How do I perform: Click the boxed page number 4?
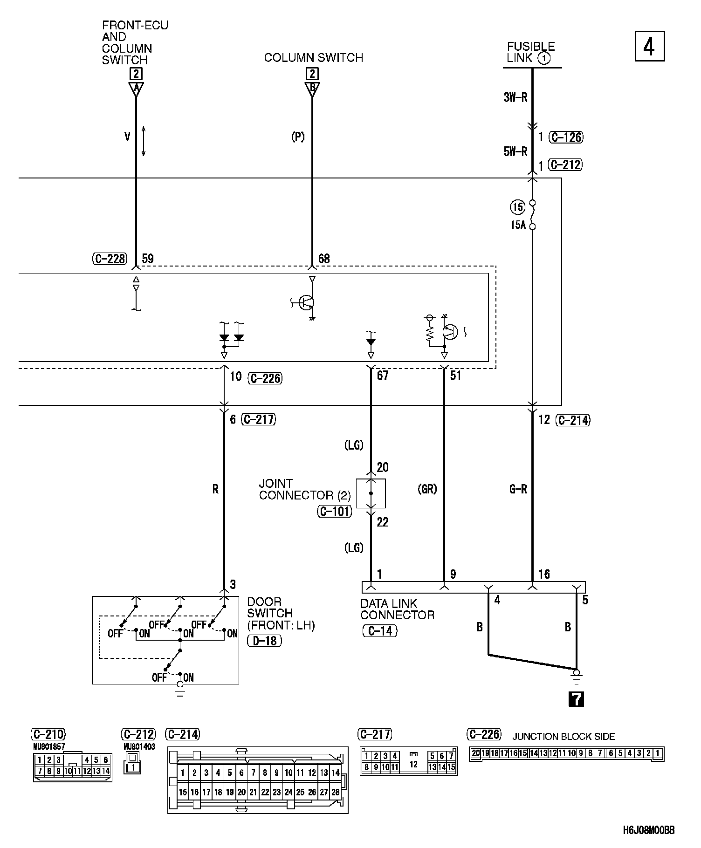pos(649,46)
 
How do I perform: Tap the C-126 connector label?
pos(566,137)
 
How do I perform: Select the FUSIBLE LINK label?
pos(530,52)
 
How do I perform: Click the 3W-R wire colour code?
pos(515,98)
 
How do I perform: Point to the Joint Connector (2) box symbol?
pos(371,493)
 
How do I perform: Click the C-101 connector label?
pos(334,512)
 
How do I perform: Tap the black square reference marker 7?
pos(577,699)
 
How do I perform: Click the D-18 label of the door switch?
pos(264,641)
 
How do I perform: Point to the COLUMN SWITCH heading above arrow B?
pos(313,58)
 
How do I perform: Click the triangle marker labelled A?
pos(136,89)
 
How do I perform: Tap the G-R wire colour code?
pos(518,489)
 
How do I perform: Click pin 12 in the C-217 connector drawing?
pos(413,765)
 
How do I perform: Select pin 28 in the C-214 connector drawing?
pos(335,792)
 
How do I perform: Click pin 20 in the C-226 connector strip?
pos(475,753)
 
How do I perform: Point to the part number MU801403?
pos(139,746)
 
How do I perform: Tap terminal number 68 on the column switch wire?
pos(324,259)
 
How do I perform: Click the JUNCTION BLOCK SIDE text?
pos(564,737)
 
